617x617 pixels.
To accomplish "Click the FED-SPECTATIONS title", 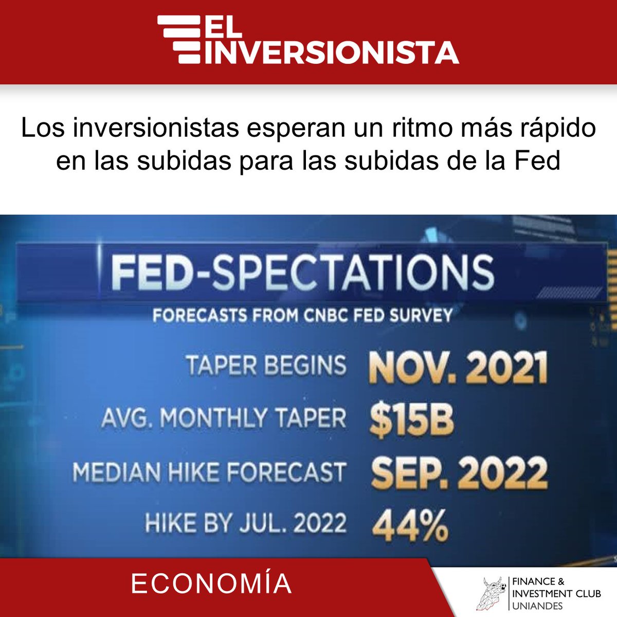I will tap(302, 273).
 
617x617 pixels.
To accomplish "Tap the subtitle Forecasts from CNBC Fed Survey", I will tap(302, 314).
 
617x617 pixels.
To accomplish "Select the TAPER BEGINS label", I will tap(266, 366).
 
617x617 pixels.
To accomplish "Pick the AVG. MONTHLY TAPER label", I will tap(224, 418).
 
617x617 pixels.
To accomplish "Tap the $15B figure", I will tap(412, 420).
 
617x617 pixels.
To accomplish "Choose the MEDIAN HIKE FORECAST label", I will tap(209, 472).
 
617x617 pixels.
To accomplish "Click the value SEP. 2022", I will tap(459, 473).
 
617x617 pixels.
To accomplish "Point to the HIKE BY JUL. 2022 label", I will tap(245, 523).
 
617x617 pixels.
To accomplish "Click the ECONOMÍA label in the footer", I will tap(211, 584).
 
